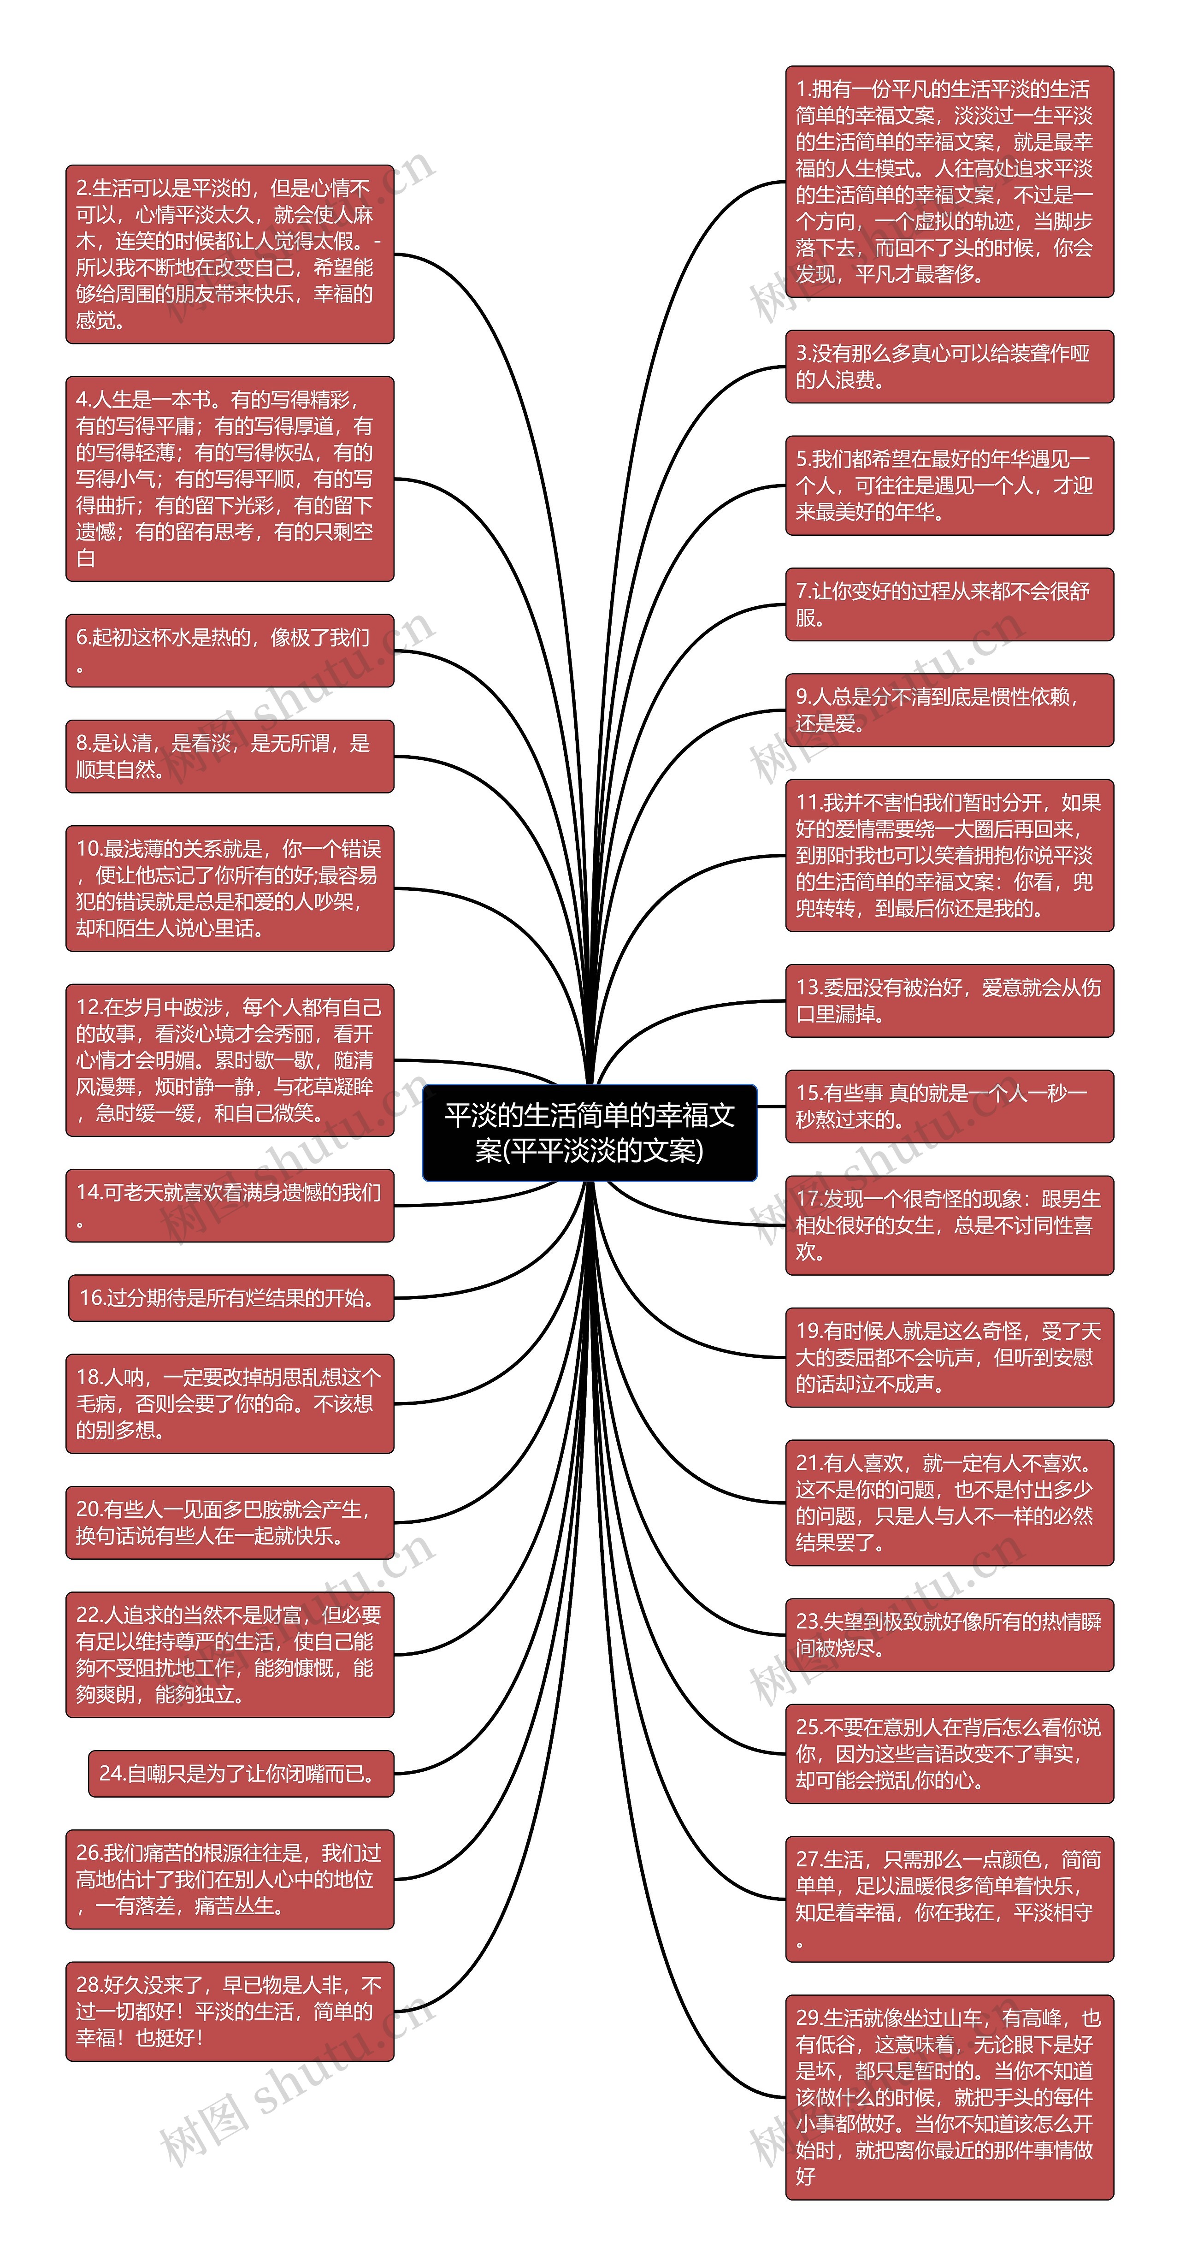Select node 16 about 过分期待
tap(230, 1297)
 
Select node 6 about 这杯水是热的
tap(230, 650)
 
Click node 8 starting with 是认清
tap(230, 756)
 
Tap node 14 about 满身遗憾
tap(230, 1205)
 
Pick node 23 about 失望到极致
tap(949, 1634)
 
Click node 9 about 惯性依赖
tap(949, 710)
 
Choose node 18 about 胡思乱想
tap(230, 1403)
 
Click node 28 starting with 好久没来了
tap(230, 2011)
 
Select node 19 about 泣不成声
tap(949, 1357)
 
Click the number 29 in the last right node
tap(807, 2018)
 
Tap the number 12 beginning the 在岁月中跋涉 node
tap(88, 1007)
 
